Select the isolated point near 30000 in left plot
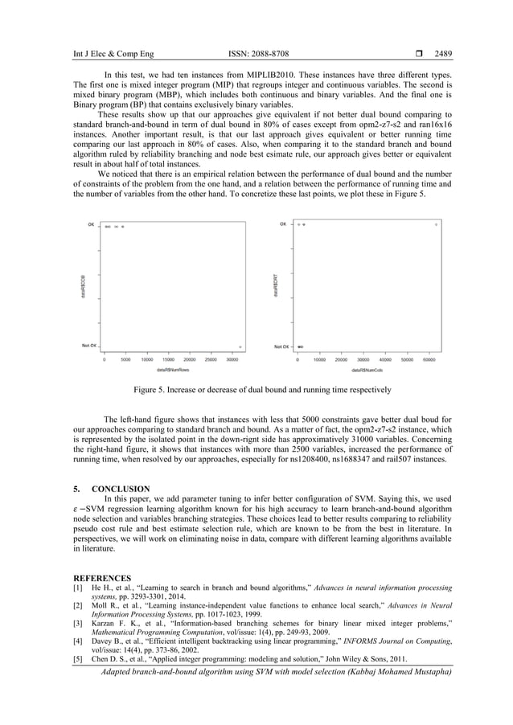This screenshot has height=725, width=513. [x=240, y=347]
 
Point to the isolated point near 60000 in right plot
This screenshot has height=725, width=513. [x=436, y=224]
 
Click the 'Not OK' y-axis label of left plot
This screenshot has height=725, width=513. [x=88, y=346]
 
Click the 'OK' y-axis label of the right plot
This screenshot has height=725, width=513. [x=282, y=224]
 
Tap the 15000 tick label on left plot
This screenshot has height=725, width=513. [x=170, y=361]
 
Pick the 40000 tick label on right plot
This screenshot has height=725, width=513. [x=384, y=361]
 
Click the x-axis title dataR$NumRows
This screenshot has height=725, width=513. [x=172, y=371]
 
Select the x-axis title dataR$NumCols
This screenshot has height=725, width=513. [x=367, y=371]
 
